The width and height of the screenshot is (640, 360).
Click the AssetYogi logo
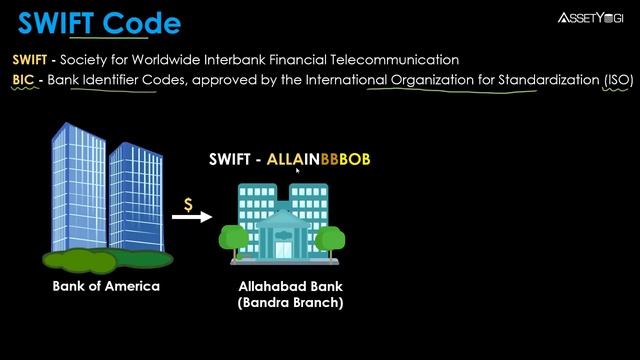590,17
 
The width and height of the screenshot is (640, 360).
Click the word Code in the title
141,22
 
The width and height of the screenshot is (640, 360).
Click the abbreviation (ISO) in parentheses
605,80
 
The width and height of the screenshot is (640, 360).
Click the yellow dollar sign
188,204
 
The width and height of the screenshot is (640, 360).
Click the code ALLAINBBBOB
312,159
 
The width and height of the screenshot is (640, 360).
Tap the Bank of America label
106,286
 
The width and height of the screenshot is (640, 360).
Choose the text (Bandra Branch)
290,303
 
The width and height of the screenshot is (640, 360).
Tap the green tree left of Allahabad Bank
232,239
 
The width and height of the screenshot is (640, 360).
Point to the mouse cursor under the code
297,171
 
